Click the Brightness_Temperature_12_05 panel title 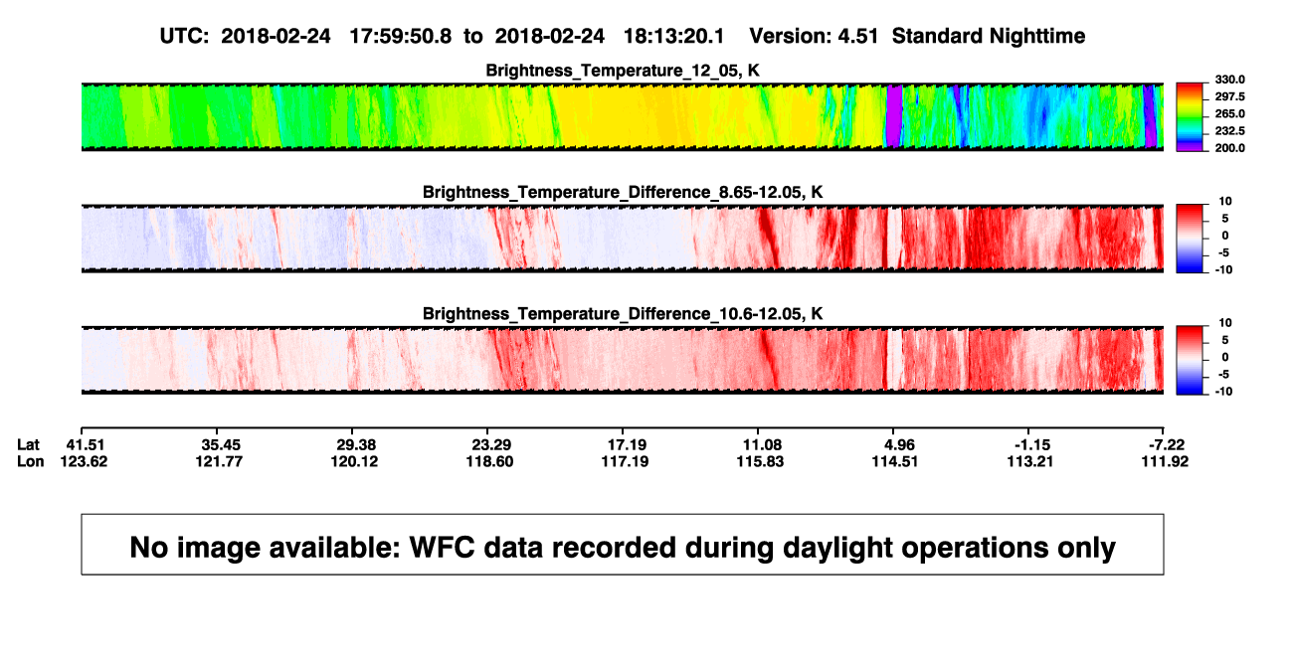[623, 71]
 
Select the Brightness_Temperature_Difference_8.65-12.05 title [623, 192]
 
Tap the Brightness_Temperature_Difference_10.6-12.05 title [623, 314]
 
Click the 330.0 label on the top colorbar [1229, 80]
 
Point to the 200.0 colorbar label [1229, 148]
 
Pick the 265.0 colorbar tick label [1229, 113]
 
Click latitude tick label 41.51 [85, 445]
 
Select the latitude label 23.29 [491, 445]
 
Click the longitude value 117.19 [625, 461]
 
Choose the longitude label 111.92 [1165, 461]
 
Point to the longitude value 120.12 [354, 461]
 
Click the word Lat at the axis [28, 445]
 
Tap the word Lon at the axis [30, 461]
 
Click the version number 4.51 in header [857, 37]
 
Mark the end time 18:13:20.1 [673, 37]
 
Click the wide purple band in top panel [894, 116]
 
